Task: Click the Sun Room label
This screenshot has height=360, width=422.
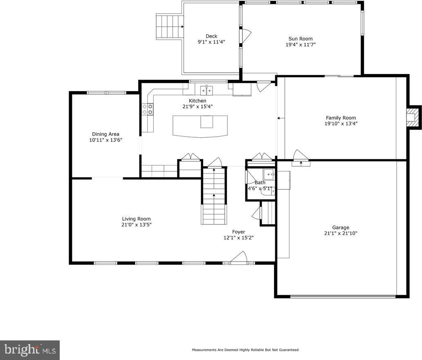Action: (x=301, y=39)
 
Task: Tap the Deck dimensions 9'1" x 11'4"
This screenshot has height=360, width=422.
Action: (x=211, y=42)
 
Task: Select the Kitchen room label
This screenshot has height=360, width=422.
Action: (x=198, y=101)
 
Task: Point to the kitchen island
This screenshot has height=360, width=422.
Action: (x=200, y=126)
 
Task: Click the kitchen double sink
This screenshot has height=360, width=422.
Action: (x=207, y=90)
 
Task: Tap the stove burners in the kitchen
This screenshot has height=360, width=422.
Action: (x=148, y=109)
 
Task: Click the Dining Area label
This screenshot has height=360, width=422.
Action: (x=105, y=134)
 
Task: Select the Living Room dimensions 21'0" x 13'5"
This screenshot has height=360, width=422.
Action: (x=137, y=225)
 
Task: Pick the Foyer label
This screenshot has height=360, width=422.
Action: (x=239, y=232)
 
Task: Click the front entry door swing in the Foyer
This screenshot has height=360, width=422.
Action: (x=239, y=257)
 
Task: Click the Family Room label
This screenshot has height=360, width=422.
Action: (x=341, y=118)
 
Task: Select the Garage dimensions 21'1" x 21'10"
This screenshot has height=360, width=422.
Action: (x=341, y=233)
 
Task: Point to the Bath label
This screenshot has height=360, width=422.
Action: (x=260, y=183)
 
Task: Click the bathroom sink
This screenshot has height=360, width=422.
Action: (x=269, y=175)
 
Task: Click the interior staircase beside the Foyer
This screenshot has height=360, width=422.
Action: (x=214, y=196)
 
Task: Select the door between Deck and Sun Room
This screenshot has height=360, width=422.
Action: (x=246, y=36)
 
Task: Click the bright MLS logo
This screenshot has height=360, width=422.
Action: (x=29, y=350)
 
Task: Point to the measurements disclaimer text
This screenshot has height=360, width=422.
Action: (x=245, y=350)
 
